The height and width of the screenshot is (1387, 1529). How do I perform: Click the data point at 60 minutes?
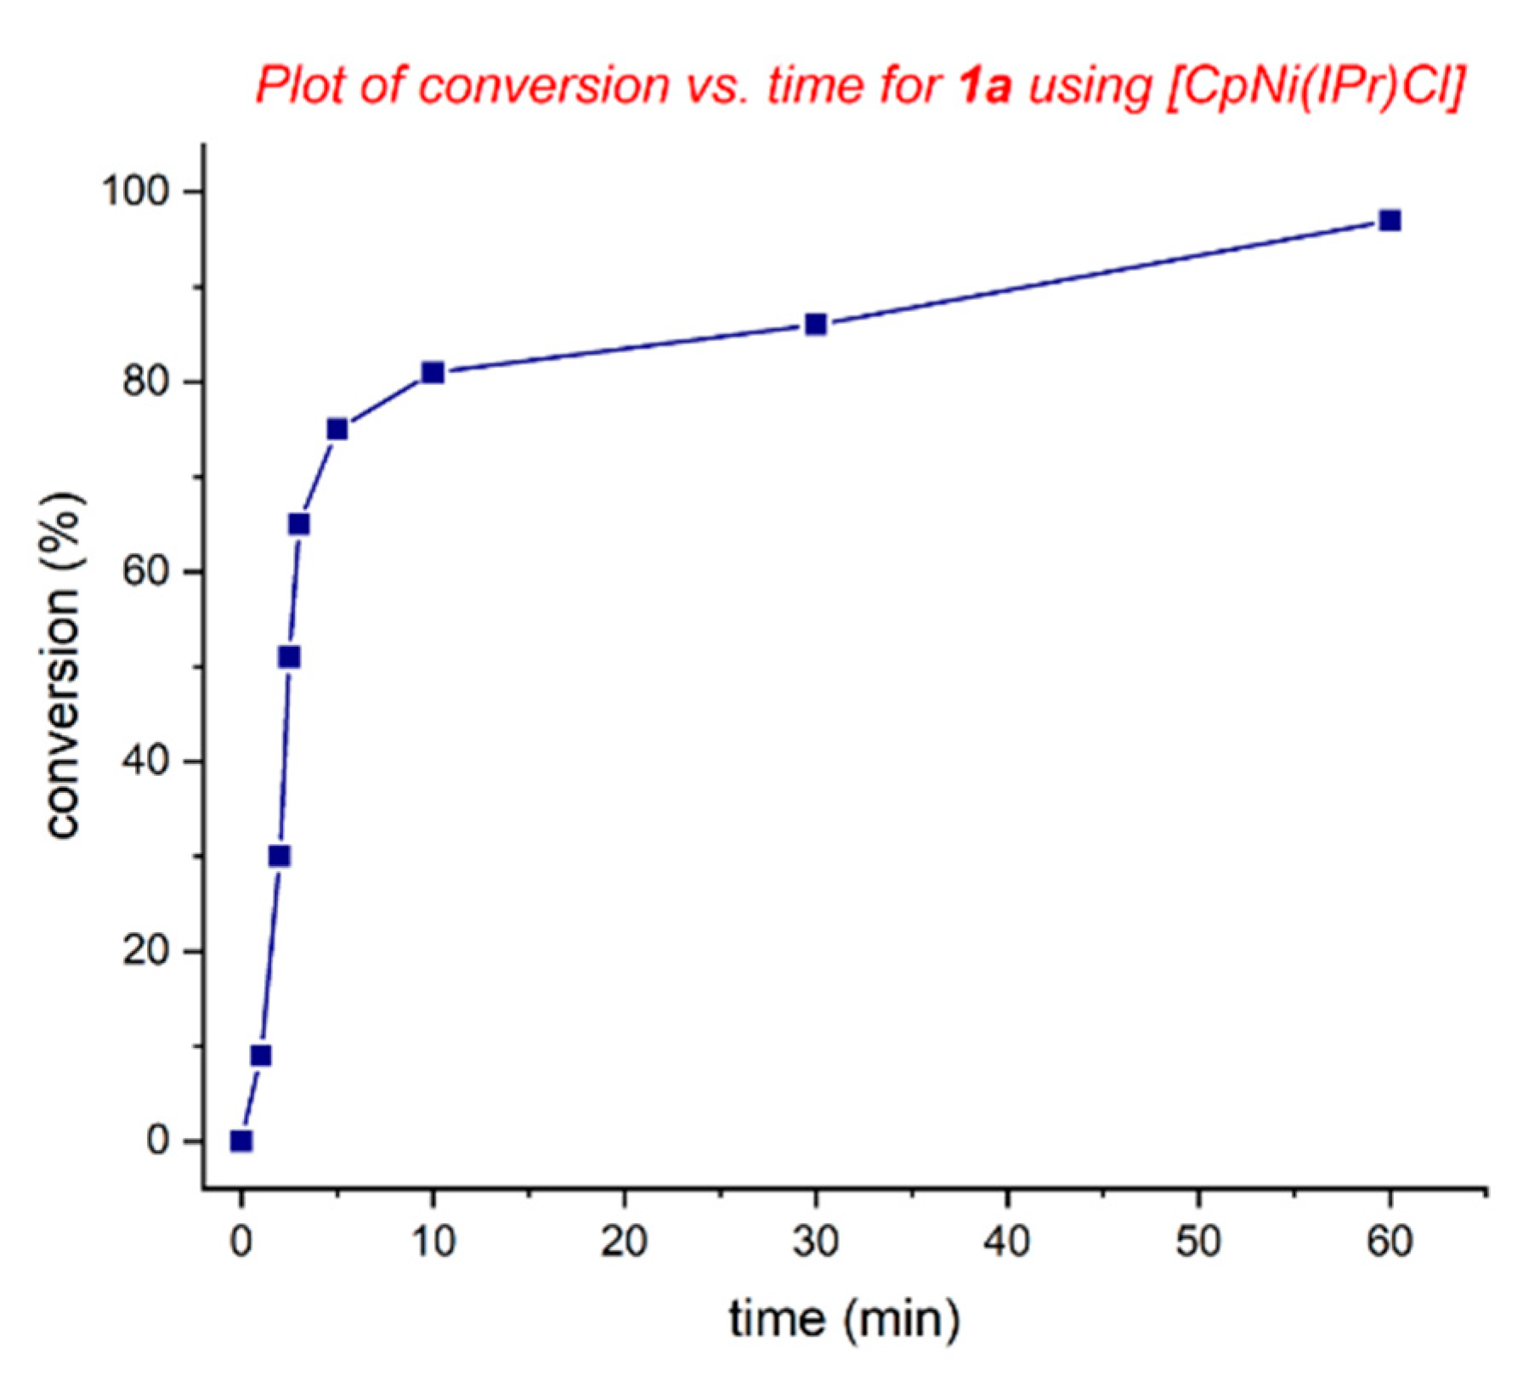[1390, 221]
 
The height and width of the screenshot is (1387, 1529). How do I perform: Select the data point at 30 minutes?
[816, 325]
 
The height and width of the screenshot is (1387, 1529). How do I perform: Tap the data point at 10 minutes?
[433, 372]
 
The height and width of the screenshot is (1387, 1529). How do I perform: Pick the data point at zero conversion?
[241, 1141]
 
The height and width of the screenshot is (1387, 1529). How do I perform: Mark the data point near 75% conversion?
[337, 429]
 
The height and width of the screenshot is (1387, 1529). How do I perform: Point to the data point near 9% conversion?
[261, 1056]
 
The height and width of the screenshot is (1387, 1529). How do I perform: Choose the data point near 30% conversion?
[280, 856]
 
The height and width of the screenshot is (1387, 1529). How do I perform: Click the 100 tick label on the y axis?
[136, 191]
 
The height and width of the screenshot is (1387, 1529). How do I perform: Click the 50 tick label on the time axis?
[1198, 1242]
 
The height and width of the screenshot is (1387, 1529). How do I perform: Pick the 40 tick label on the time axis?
[1007, 1242]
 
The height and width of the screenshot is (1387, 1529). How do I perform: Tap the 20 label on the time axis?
[625, 1242]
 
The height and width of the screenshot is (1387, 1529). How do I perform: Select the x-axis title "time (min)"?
[844, 1320]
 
